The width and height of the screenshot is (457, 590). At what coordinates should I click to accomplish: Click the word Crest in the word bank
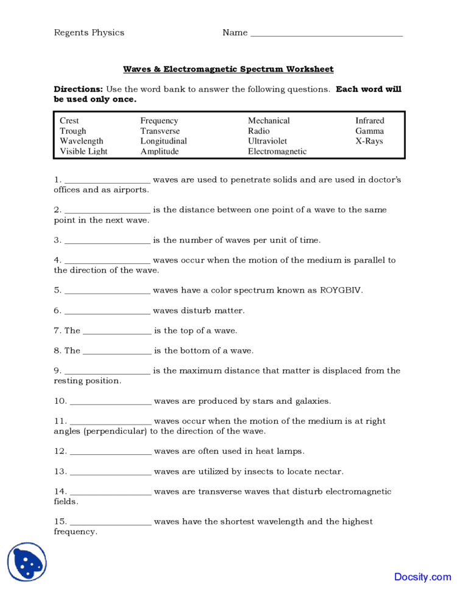[69, 121]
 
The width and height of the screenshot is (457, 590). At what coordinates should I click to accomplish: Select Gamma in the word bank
[370, 131]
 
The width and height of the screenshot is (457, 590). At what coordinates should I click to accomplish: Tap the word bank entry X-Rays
[369, 141]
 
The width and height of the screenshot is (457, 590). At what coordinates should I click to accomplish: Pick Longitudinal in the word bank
[163, 141]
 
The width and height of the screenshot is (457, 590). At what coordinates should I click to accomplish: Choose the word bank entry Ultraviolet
[267, 141]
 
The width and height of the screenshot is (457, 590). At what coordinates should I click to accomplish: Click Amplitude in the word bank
[160, 151]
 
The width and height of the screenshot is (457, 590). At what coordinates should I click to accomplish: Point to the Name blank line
[327, 35]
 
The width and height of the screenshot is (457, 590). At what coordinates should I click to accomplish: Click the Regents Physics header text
[89, 33]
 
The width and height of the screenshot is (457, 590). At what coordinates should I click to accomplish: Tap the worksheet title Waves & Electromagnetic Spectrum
[228, 69]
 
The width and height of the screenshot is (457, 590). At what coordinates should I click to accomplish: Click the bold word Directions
[79, 89]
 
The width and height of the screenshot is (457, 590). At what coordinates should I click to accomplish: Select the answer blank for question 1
[107, 181]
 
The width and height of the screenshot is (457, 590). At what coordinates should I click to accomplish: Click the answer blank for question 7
[117, 332]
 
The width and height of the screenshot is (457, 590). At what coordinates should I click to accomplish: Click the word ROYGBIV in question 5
[341, 290]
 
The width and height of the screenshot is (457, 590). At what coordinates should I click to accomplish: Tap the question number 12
[60, 451]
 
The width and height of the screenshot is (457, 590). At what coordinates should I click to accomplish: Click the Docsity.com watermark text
[422, 577]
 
